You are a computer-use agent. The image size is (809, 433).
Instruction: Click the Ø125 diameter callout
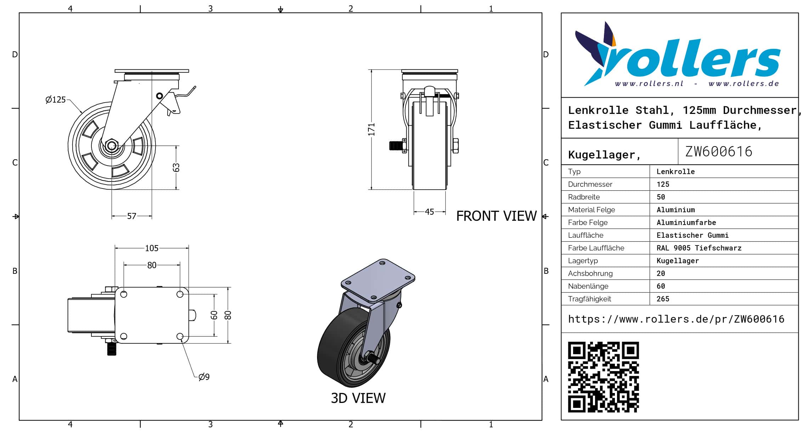pyautogui.click(x=56, y=100)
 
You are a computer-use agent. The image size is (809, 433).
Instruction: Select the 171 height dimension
pyautogui.click(x=371, y=129)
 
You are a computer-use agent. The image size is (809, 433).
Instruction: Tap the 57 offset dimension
pyautogui.click(x=131, y=216)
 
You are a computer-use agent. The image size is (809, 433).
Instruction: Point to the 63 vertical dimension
pyautogui.click(x=176, y=167)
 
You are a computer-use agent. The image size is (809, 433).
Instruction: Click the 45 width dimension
pyautogui.click(x=429, y=212)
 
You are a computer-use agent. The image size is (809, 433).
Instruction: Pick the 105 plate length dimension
pyautogui.click(x=152, y=248)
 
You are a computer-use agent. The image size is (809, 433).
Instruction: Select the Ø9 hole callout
pyautogui.click(x=204, y=377)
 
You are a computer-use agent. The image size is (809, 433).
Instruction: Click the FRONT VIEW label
pyautogui.click(x=496, y=216)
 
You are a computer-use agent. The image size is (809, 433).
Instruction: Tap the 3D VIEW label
pyautogui.click(x=358, y=398)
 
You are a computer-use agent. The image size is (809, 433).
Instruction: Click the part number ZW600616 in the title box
pyautogui.click(x=718, y=152)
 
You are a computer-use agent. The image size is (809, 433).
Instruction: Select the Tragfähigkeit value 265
pyautogui.click(x=663, y=299)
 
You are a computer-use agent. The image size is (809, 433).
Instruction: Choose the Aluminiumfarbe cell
pyautogui.click(x=686, y=223)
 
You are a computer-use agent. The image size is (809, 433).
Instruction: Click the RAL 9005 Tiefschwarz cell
pyautogui.click(x=698, y=248)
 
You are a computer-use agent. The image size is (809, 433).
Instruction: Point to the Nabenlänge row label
pyautogui.click(x=588, y=286)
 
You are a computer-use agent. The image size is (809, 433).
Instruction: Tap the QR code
pyautogui.click(x=603, y=377)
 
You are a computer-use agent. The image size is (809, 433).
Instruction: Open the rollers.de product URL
pyautogui.click(x=676, y=319)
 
